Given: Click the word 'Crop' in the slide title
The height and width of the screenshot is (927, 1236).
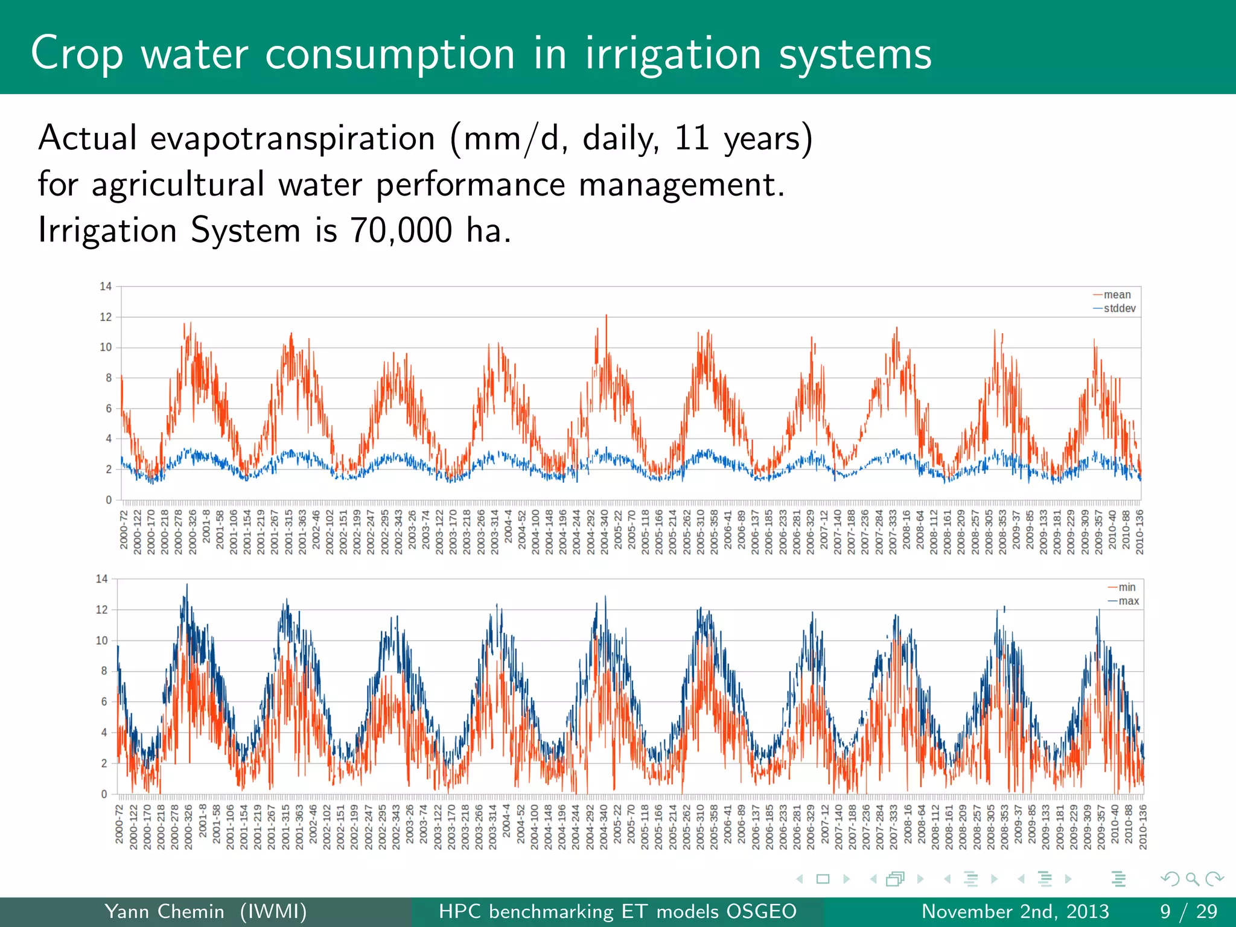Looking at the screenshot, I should [77, 54].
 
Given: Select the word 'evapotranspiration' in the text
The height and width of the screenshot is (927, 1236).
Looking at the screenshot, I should [292, 138].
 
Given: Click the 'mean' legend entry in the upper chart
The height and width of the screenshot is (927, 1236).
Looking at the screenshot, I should [1117, 295].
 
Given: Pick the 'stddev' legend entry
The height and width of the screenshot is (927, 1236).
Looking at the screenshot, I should [1119, 308].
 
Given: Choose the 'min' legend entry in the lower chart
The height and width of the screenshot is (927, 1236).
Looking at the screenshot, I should [1126, 587].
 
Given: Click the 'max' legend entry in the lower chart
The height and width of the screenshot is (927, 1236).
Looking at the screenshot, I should [1128, 601].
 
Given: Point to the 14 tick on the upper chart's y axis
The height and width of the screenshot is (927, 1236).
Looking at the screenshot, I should [106, 286].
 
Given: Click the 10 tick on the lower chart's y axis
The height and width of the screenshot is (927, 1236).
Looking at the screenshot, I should [101, 640].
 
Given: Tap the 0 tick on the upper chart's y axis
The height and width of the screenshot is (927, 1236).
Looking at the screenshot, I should [109, 500].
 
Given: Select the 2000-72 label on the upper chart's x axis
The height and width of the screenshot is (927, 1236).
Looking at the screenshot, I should [124, 529].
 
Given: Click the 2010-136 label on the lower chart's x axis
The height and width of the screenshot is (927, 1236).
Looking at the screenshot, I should [1142, 826].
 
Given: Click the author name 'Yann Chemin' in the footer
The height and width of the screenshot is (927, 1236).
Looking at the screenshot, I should [164, 911].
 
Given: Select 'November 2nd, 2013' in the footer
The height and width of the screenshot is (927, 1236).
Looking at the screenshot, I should [1015, 911].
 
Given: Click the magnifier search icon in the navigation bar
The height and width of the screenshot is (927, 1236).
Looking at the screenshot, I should [1192, 879].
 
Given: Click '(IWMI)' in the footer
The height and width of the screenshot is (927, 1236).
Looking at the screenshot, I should [273, 911].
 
